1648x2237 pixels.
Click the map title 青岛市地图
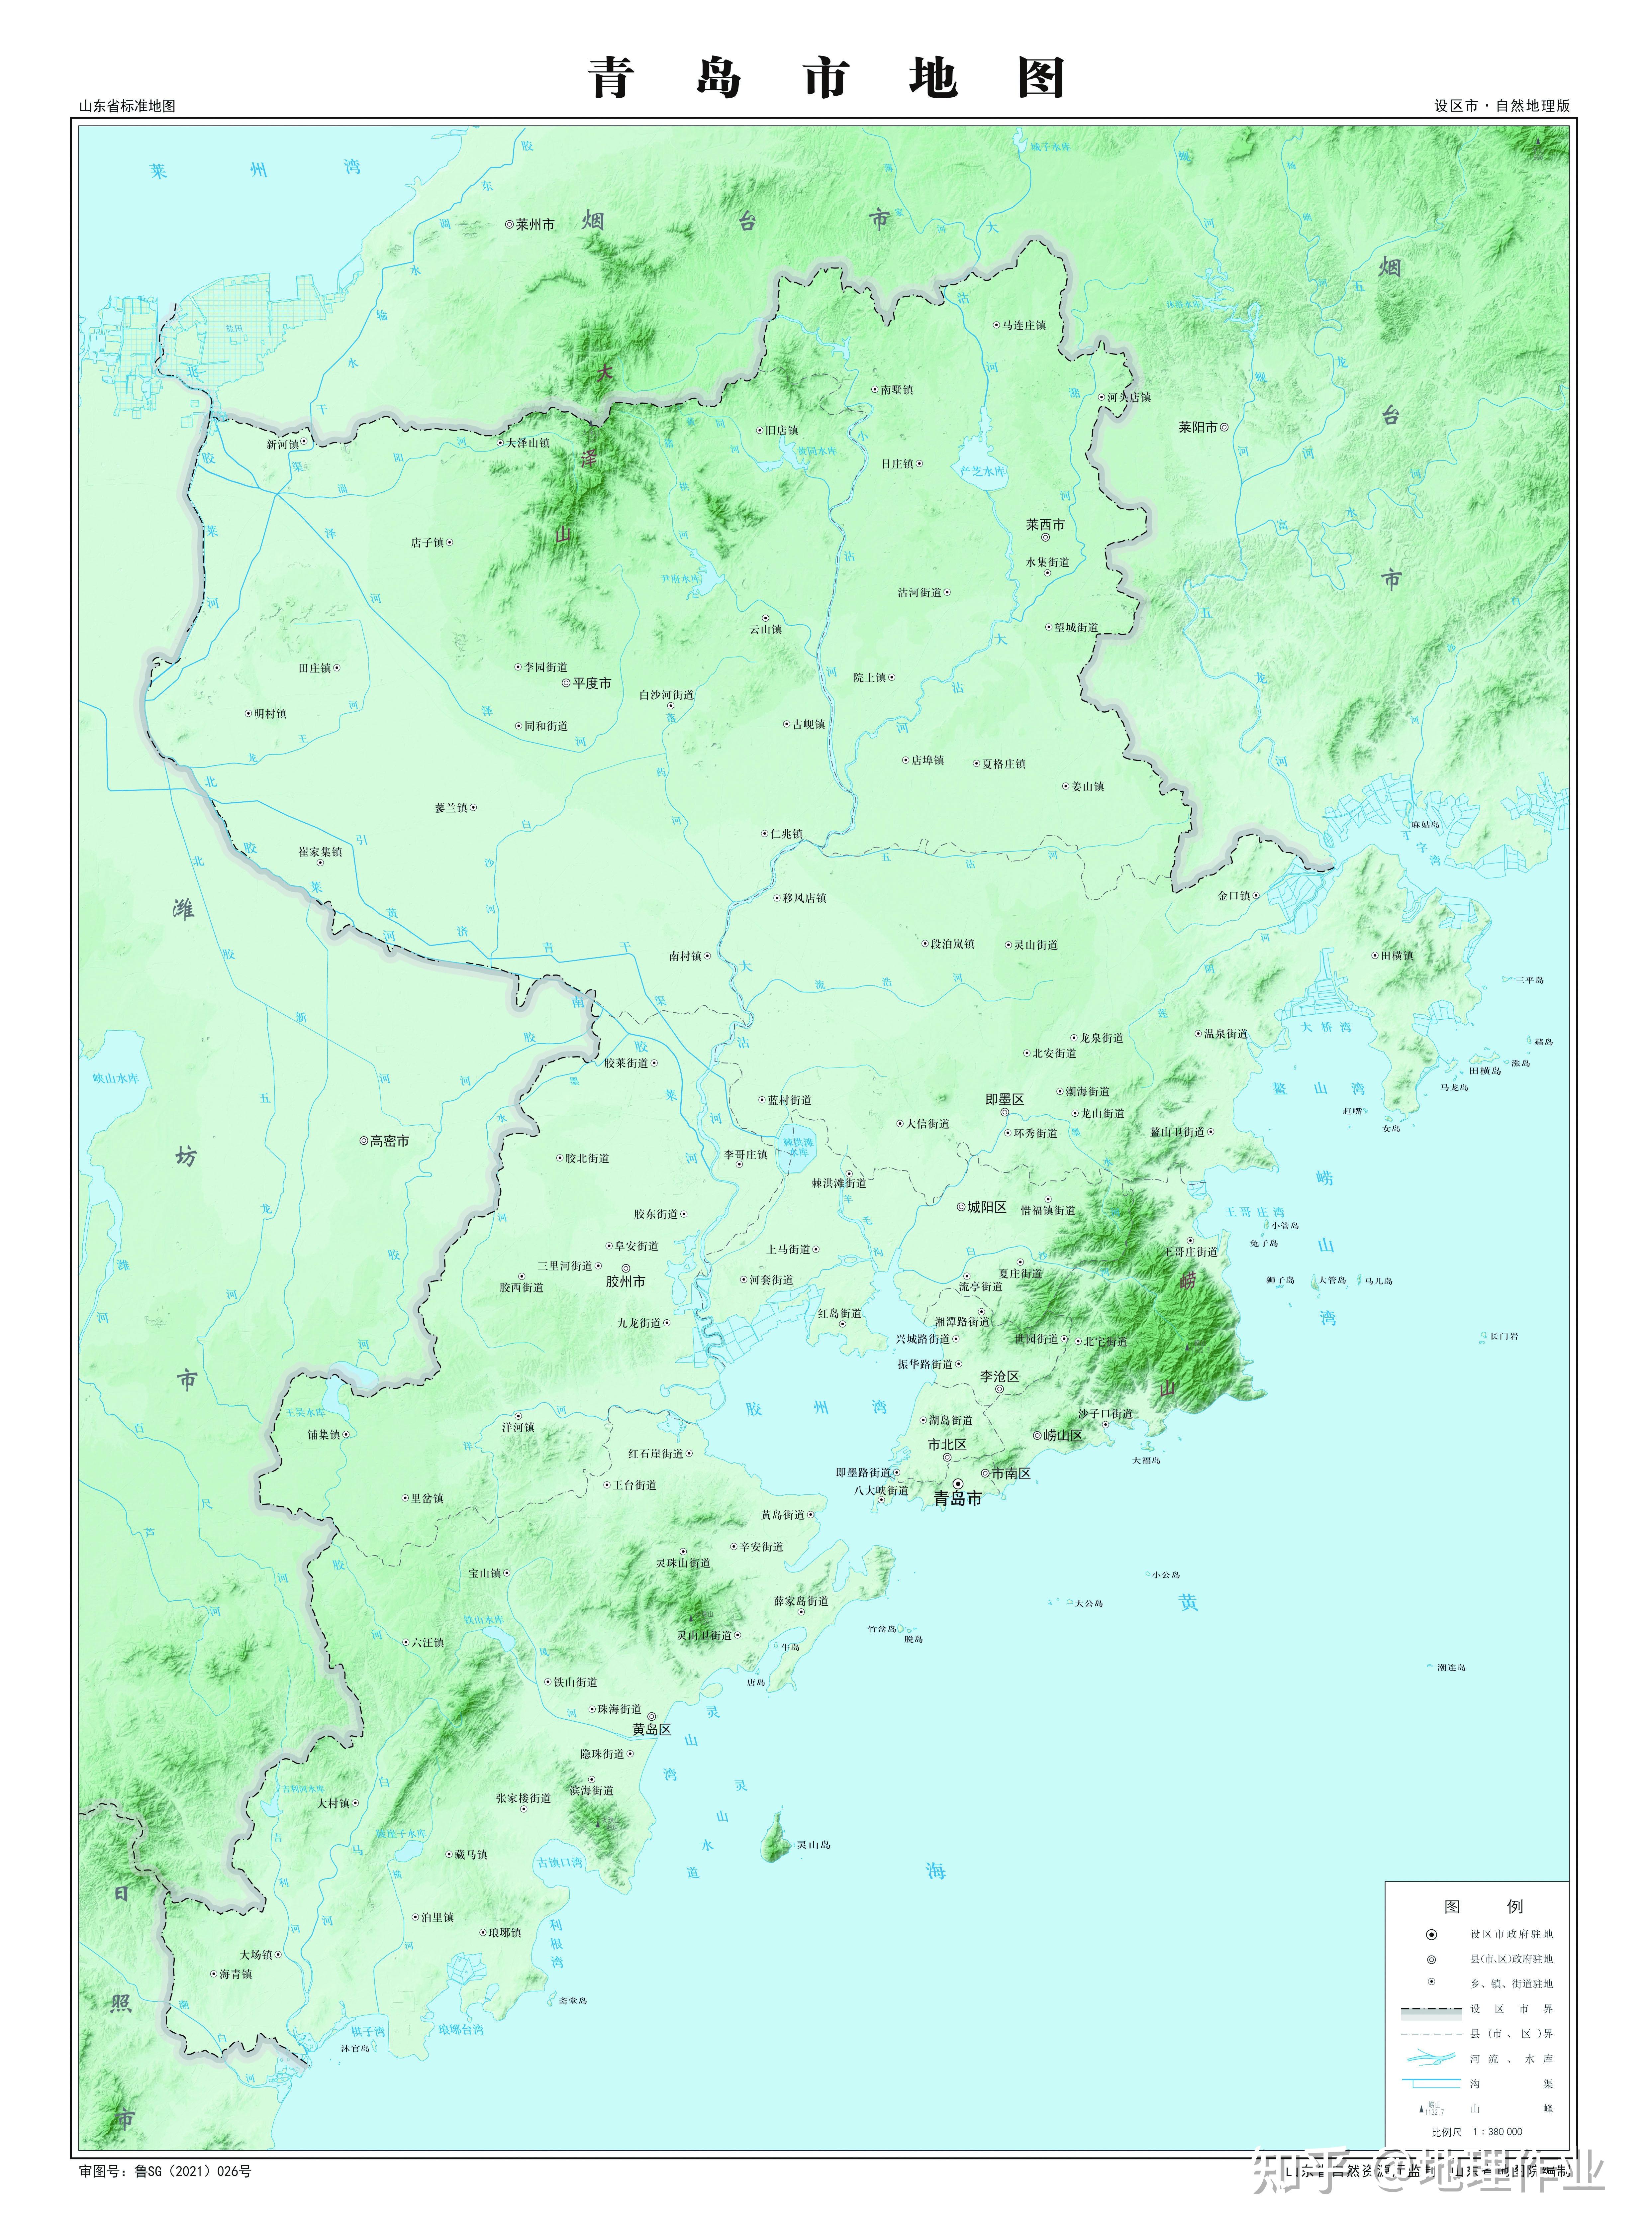(826, 78)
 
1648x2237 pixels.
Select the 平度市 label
(592, 683)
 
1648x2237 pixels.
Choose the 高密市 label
(389, 1141)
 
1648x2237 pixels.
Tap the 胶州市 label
(626, 1281)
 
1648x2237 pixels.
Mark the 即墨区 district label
(1005, 1099)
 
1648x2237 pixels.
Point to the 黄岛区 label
(651, 1729)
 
